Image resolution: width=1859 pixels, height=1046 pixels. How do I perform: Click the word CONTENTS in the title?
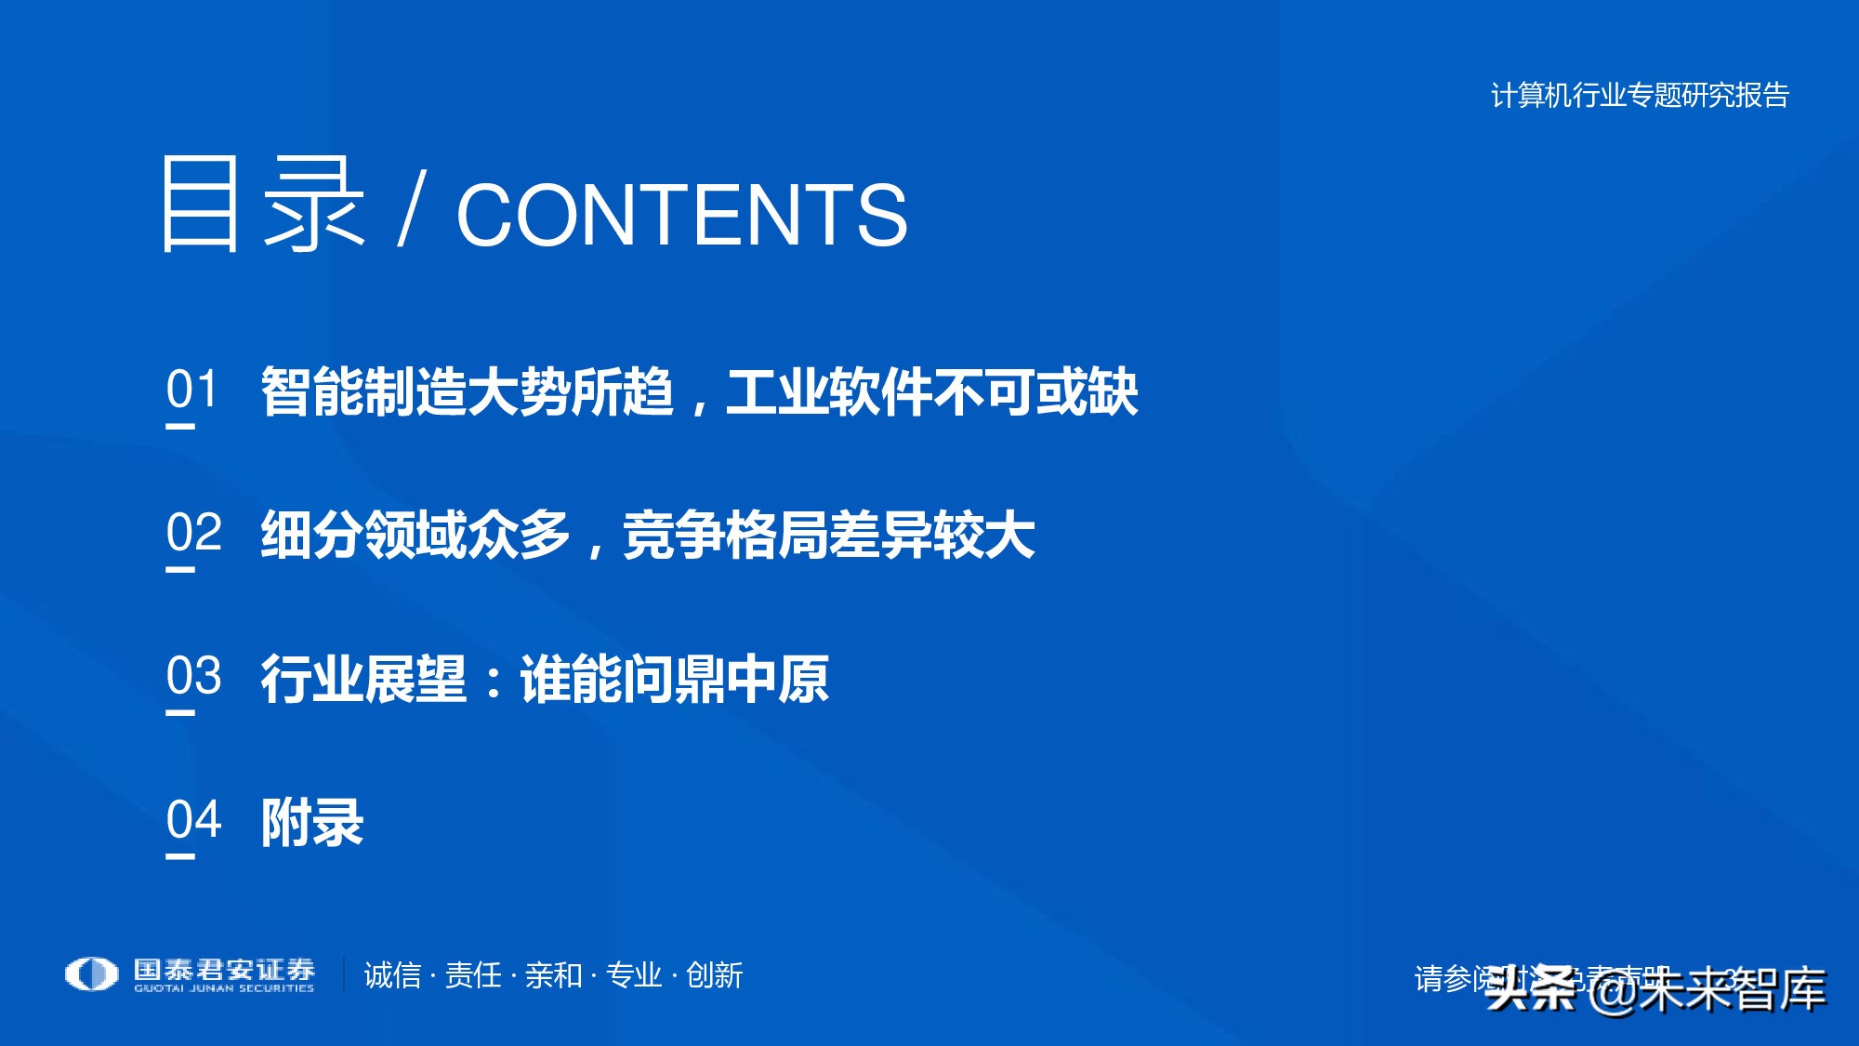681,215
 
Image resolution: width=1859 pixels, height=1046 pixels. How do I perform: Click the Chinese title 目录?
262,204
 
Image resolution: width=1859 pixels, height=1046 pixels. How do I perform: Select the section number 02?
193,533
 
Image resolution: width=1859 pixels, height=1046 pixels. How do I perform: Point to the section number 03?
193,676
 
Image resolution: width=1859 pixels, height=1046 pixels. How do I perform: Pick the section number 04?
193,820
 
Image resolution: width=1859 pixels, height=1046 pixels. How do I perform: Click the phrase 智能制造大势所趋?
467,391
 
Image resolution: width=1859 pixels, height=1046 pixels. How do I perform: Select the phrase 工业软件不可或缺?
932,391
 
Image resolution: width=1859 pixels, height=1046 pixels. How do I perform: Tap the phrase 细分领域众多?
415,536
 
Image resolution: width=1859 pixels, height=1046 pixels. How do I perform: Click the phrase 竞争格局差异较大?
828,536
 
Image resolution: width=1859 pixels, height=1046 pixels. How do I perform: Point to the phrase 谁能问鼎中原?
674,679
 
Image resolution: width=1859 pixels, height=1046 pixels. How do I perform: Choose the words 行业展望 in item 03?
363,679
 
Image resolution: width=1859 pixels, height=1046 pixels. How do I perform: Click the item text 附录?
312,823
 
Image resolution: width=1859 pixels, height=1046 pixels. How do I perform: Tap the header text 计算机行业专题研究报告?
1640,95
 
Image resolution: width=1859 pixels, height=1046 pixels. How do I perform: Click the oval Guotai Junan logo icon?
91,974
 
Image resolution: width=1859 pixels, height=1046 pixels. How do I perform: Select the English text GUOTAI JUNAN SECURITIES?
224,988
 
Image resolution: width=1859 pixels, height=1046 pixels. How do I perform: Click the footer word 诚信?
392,975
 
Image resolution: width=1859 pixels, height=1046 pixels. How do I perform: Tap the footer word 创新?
714,975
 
